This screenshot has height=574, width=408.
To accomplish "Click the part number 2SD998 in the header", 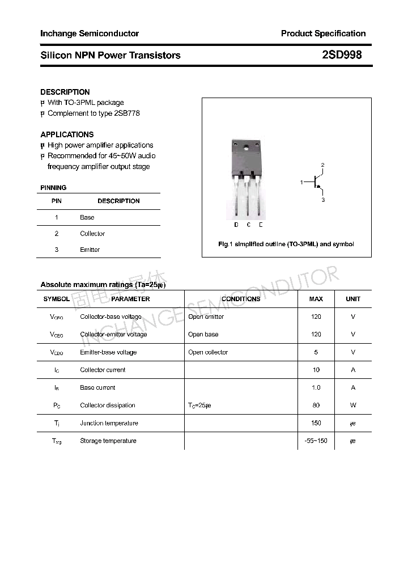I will [x=342, y=55].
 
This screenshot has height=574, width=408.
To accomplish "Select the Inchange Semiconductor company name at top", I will [x=90, y=33].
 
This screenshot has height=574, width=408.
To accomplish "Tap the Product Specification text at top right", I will [x=323, y=33].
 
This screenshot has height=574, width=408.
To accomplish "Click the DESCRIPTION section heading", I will [x=65, y=92].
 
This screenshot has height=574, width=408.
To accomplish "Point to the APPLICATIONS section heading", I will [x=67, y=134].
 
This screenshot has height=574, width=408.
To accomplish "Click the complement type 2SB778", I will [x=127, y=113].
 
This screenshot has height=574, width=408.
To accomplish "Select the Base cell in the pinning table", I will [x=87, y=217].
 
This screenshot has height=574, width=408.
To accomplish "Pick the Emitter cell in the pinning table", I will [x=90, y=250].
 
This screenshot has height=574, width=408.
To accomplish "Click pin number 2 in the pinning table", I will [x=57, y=234].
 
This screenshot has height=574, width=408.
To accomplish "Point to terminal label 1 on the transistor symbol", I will [x=301, y=182].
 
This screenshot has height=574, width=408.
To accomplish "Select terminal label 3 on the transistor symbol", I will [x=323, y=200].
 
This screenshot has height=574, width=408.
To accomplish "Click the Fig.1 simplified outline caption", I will [x=286, y=244].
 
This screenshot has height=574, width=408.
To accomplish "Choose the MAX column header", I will [x=316, y=299].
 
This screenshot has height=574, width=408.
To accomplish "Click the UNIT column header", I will [x=353, y=299].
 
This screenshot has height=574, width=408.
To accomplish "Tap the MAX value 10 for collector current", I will [x=316, y=370].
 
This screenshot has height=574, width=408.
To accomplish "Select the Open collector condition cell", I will [x=208, y=352].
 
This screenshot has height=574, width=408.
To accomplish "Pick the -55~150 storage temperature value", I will [x=316, y=441].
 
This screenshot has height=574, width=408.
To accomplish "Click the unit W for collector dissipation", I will [x=353, y=405].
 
